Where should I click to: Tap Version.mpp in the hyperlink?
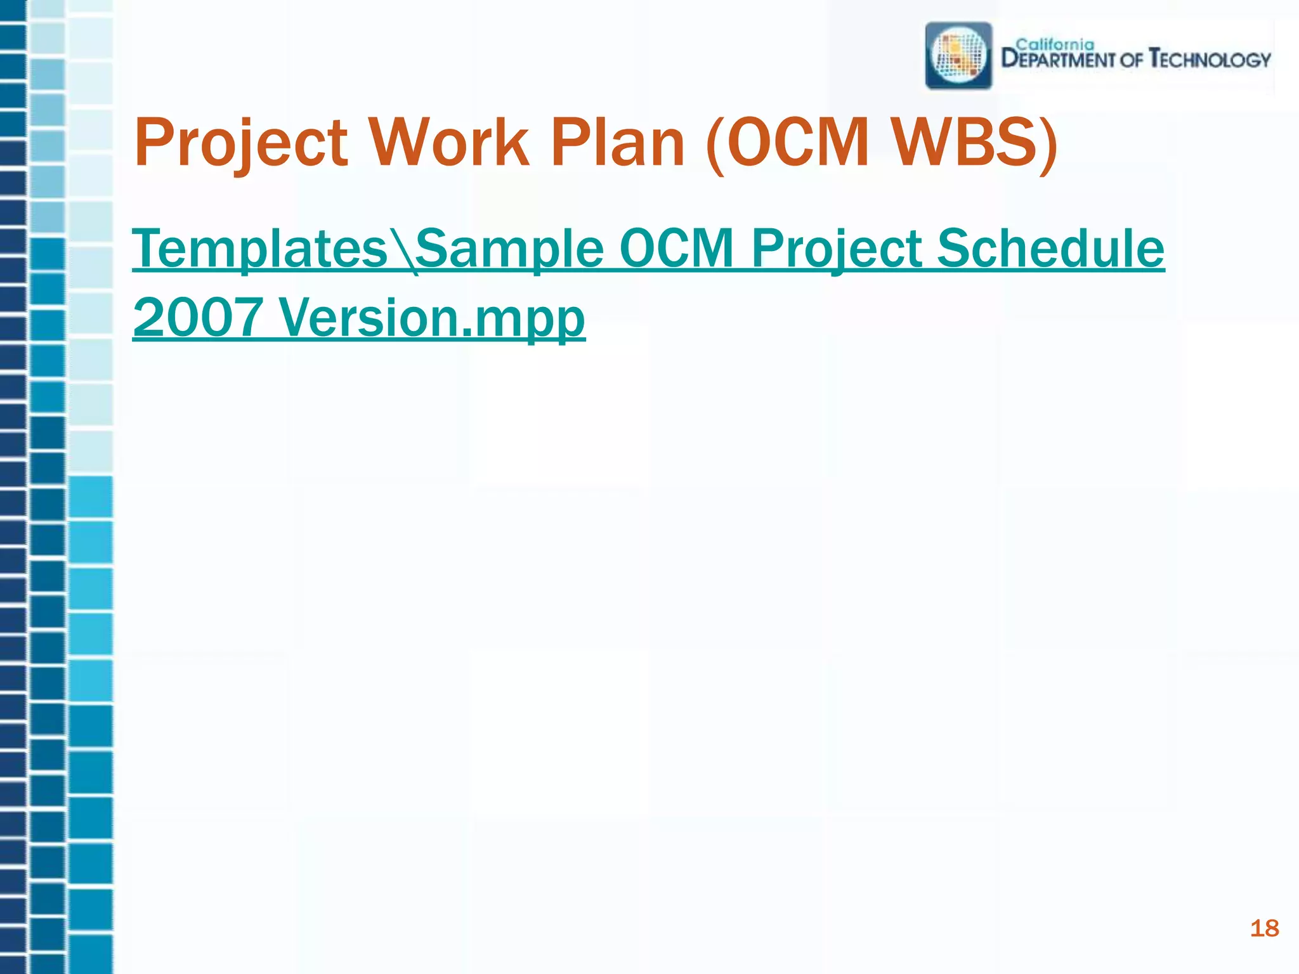point(431,318)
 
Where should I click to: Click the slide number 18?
point(1264,928)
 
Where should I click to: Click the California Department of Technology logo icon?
point(958,56)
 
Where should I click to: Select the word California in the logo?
point(1055,44)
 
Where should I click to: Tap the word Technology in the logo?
point(1210,60)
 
